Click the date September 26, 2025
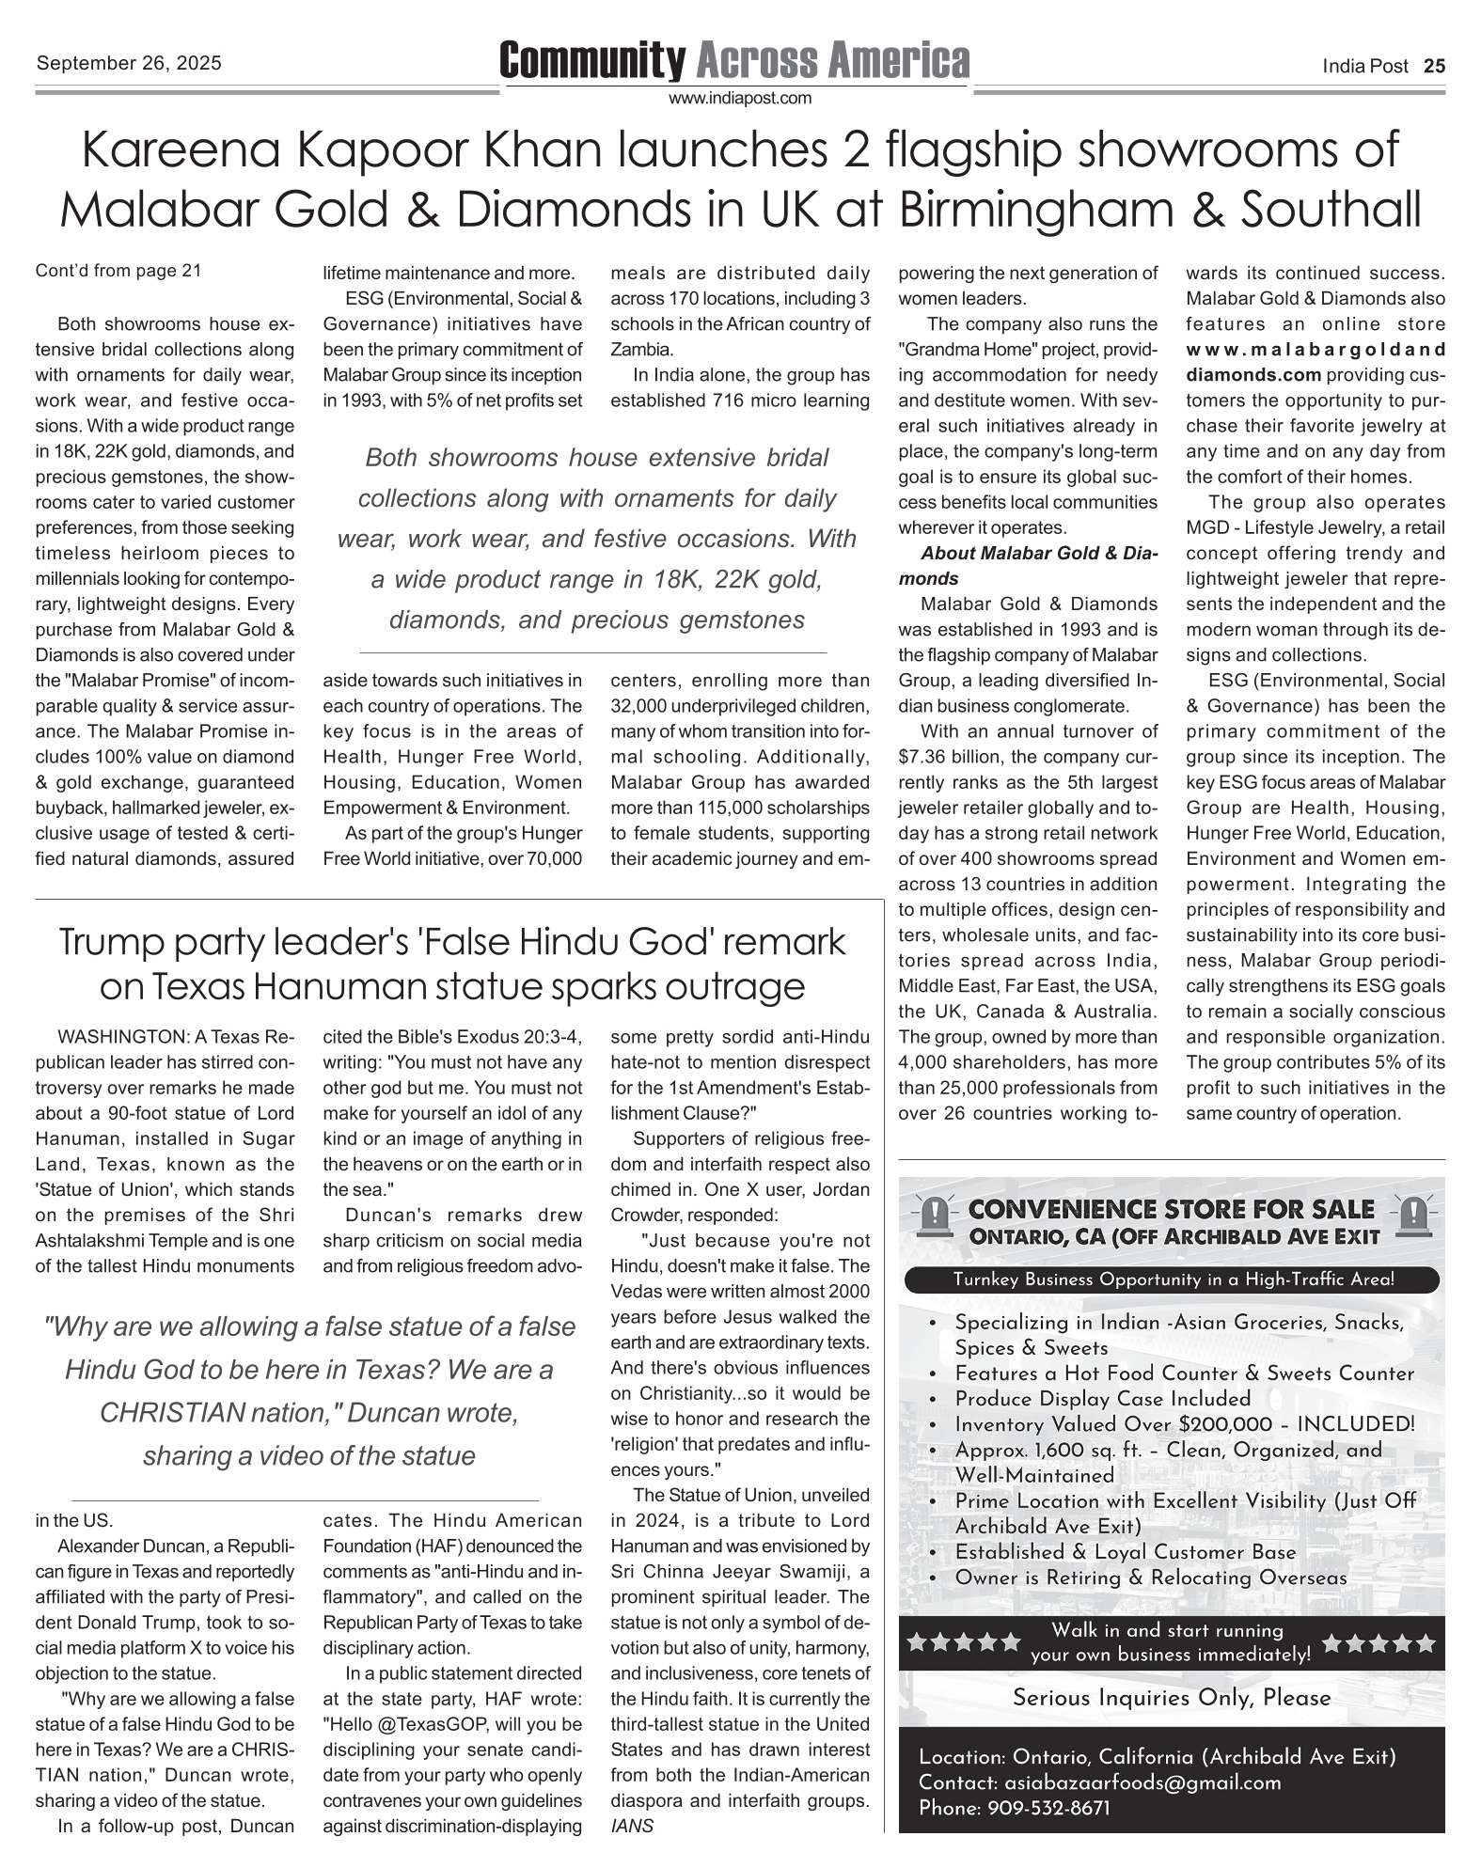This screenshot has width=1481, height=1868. pos(129,63)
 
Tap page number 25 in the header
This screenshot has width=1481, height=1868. pos(1434,66)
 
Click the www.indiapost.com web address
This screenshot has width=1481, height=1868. pos(740,98)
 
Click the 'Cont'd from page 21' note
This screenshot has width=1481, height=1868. pos(118,272)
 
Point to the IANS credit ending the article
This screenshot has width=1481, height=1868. pos(632,1827)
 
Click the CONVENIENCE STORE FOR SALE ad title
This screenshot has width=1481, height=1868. pos(1171,1210)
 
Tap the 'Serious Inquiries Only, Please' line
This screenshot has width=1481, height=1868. pos(1172,1698)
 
